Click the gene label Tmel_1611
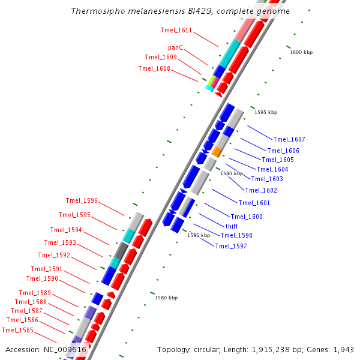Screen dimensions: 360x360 coord(176,30)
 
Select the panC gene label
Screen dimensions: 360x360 coord(175,47)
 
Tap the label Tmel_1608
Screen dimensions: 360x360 coord(154,68)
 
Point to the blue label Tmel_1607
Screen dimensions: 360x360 coord(289,139)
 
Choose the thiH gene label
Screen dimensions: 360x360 coord(232,226)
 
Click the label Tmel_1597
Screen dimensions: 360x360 coord(231,246)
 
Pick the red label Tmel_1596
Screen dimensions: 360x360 coord(82,200)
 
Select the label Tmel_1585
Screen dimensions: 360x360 coord(17,330)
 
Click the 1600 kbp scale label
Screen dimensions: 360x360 coord(301,52)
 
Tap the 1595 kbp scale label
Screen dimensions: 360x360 coord(266,112)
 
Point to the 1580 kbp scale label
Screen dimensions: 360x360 coord(166,298)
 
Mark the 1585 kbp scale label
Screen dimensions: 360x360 coord(199,235)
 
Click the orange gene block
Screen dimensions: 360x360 coord(217,152)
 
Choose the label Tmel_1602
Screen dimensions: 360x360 coord(261,190)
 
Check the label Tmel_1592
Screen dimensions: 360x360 coord(54,255)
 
